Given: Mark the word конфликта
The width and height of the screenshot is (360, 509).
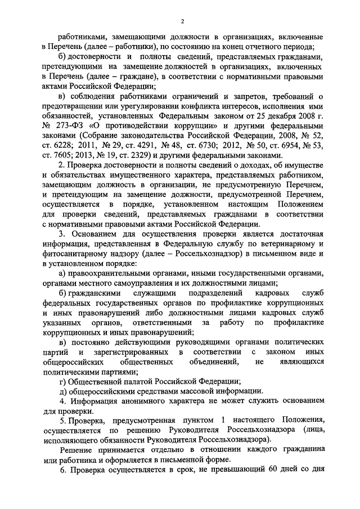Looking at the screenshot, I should click(213, 105).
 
